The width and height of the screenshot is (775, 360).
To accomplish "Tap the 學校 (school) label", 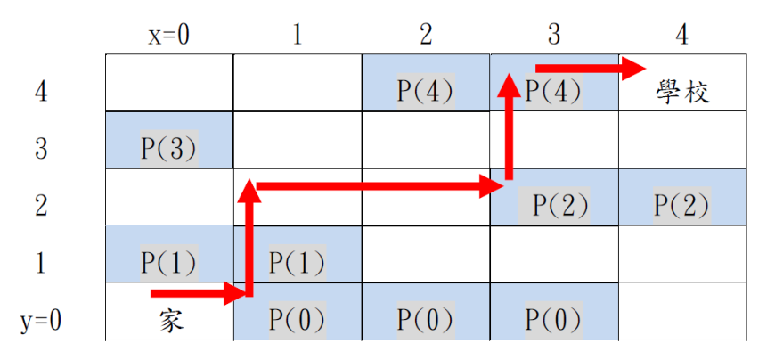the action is tap(682, 92).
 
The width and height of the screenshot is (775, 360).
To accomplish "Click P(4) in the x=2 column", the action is tap(426, 92).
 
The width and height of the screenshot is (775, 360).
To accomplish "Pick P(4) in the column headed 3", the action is tap(553, 92).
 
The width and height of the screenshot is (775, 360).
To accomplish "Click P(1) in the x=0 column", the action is tap(169, 263).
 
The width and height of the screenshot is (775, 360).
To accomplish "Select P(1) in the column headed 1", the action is tap(298, 263).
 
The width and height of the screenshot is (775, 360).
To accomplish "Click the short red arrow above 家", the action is tap(198, 294).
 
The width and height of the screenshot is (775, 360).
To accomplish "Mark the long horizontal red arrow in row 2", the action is tap(379, 186).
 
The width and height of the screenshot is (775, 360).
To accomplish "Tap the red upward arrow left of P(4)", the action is tap(509, 127).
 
